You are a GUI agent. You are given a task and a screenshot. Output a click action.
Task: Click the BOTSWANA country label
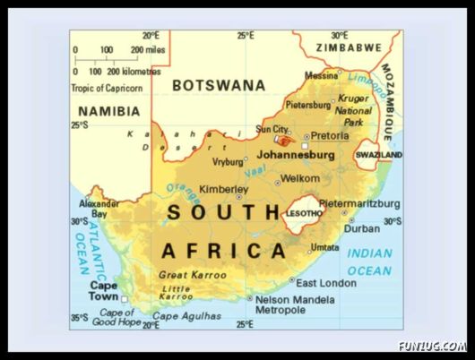219,85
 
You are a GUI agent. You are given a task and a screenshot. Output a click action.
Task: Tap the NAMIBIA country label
108,111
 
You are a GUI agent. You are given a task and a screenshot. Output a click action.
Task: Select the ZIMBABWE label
348,47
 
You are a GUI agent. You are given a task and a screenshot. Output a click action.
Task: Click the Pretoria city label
329,136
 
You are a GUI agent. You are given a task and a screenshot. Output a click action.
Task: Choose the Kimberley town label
223,190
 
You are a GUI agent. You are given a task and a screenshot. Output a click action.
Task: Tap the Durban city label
362,228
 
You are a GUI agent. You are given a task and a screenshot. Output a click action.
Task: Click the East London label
325,283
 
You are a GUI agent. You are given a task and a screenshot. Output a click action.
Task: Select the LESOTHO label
303,213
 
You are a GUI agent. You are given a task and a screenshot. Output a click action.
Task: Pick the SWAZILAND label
378,155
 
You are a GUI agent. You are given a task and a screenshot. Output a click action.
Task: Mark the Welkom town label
299,178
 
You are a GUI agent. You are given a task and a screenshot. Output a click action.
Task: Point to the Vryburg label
228,162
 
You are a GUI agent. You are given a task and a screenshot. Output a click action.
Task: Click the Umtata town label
324,248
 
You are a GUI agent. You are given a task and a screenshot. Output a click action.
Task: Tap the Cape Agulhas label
186,316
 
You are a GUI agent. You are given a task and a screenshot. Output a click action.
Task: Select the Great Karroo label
192,275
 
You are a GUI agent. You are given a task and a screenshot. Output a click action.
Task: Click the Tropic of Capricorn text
107,88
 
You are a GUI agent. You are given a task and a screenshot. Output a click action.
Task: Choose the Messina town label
322,75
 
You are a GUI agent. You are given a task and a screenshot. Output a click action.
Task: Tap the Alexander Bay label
99,209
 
